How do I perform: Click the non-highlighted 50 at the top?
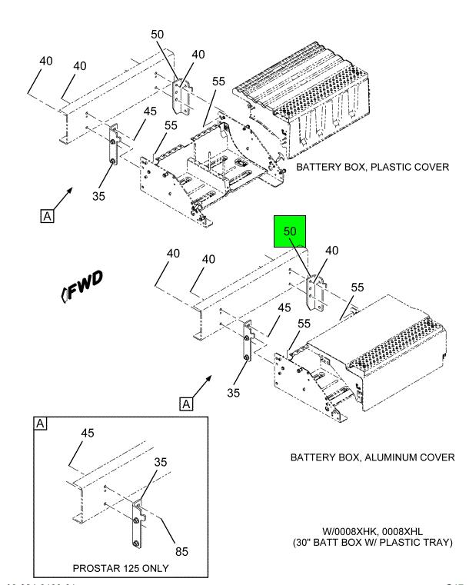click(158, 35)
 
